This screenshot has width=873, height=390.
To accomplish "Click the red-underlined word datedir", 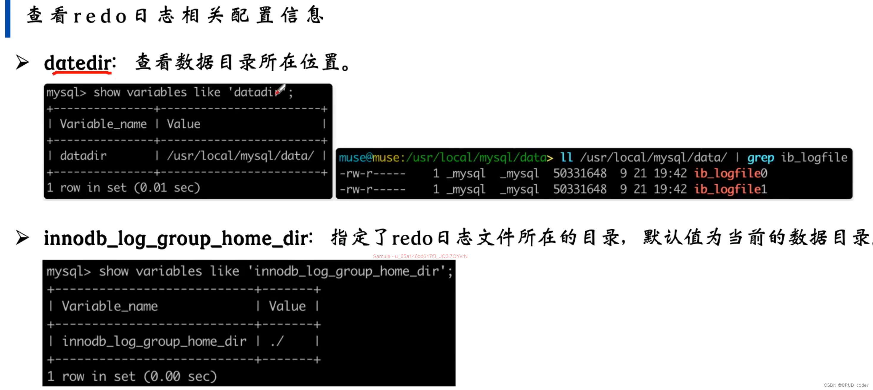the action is pos(78,63).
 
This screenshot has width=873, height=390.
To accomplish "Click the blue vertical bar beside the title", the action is pos(7,18).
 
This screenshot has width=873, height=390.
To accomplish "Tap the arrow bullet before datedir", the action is pos(22,62).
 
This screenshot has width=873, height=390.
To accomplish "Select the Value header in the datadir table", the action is pos(183,124).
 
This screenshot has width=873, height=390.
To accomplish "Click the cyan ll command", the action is pos(566,157).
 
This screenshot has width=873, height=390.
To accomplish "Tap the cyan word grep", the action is pos(760,157).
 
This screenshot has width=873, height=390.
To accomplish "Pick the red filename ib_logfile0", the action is pos(730,173).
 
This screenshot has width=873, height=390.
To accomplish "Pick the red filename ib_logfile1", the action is pos(730,189).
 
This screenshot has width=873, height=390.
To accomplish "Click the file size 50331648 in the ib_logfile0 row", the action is pos(580,173).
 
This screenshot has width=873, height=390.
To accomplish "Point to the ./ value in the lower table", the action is pos(277,341).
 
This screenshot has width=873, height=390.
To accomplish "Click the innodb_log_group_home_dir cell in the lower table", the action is pos(154,341).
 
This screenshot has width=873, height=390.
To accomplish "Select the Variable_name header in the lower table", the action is pos(110,306).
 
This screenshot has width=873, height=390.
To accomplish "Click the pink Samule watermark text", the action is pos(420,256).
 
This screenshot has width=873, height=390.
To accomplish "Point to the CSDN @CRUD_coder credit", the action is pos(846,385).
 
